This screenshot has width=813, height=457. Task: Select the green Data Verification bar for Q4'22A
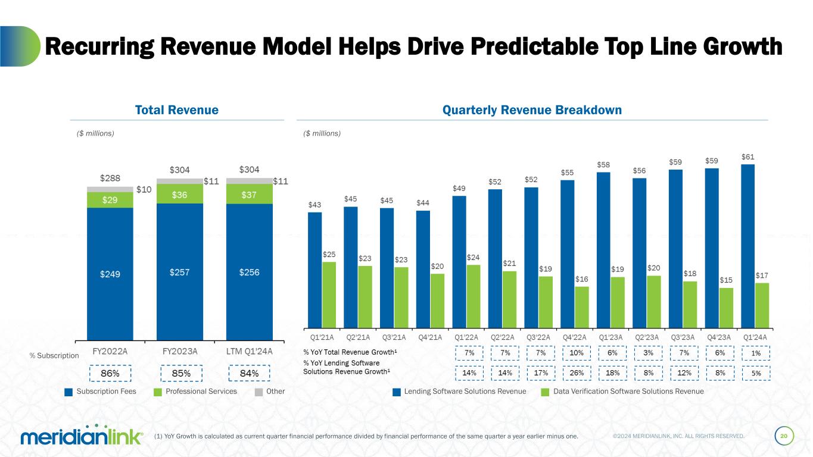coord(582,307)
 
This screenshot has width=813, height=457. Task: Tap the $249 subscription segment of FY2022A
coord(110,274)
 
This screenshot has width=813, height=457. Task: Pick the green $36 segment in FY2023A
coord(179,194)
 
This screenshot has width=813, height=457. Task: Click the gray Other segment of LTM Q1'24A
coord(249,181)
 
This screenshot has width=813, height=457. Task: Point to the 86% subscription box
coord(110,373)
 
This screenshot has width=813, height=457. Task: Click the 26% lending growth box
coord(577,373)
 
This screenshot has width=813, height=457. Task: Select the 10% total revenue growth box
coord(577,353)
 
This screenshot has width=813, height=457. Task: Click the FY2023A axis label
coord(180,351)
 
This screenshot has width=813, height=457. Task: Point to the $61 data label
coord(748,157)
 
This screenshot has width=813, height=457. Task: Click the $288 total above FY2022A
coord(110,178)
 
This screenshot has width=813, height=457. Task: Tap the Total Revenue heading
coord(176,110)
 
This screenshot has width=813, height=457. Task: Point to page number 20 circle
coord(784,437)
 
